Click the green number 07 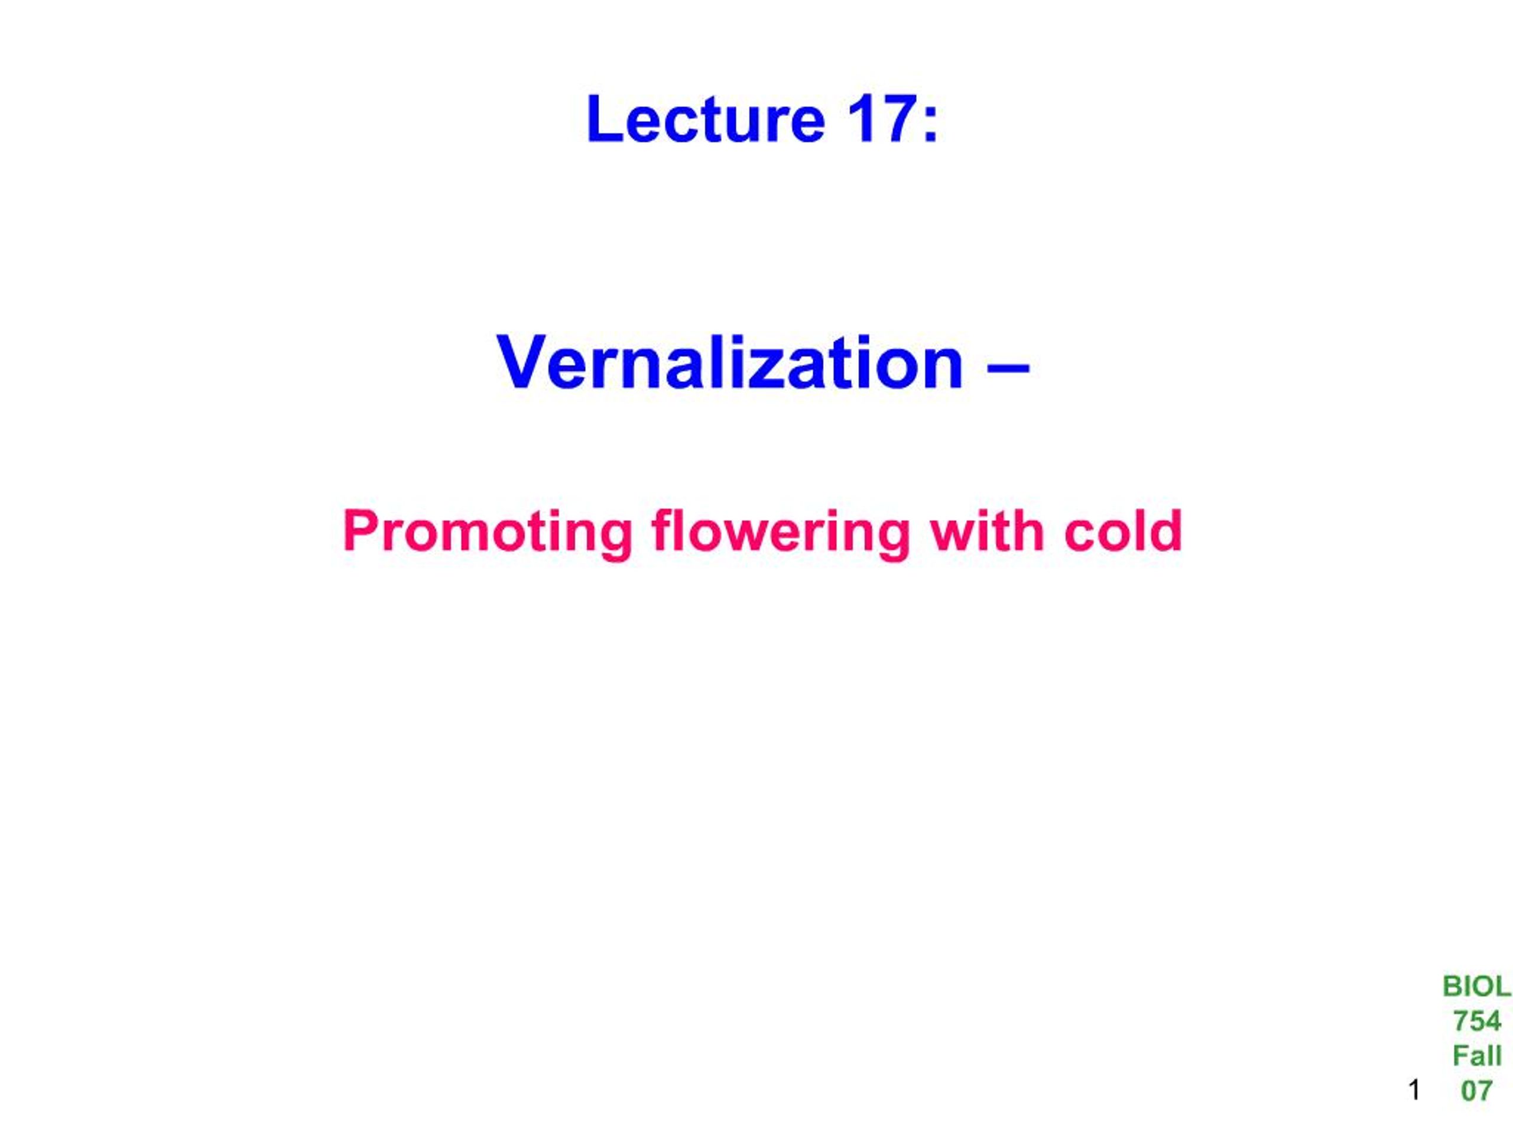(x=1476, y=1091)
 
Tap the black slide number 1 (x=1414, y=1090)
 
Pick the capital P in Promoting (x=361, y=530)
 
